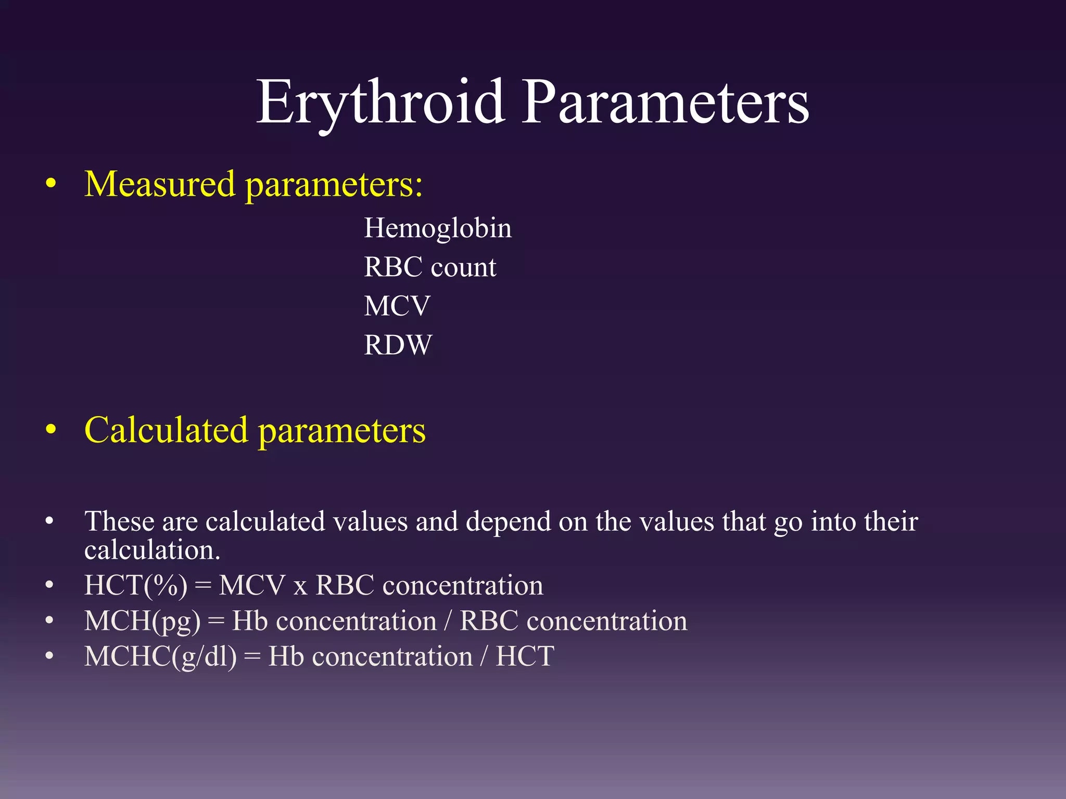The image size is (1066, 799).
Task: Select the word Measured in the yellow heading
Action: [x=160, y=185]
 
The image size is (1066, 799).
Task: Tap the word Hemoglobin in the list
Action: [x=438, y=228]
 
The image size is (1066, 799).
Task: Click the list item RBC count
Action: [x=430, y=267]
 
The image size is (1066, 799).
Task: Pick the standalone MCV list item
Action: [x=397, y=306]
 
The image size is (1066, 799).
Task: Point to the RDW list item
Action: [x=398, y=345]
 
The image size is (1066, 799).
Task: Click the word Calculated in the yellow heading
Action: [x=166, y=431]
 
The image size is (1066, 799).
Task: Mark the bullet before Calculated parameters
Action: [x=50, y=431]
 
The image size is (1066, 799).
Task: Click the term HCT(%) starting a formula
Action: [x=136, y=586]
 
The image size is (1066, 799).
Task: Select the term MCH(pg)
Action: [x=142, y=621]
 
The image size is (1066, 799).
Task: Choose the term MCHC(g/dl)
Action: [x=160, y=656]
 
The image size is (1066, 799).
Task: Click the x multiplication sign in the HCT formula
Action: [x=300, y=587]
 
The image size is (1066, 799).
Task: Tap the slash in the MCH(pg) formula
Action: [x=448, y=621]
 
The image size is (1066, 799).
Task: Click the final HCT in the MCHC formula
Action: [x=525, y=656]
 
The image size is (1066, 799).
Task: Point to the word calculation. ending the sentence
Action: [x=152, y=550]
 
